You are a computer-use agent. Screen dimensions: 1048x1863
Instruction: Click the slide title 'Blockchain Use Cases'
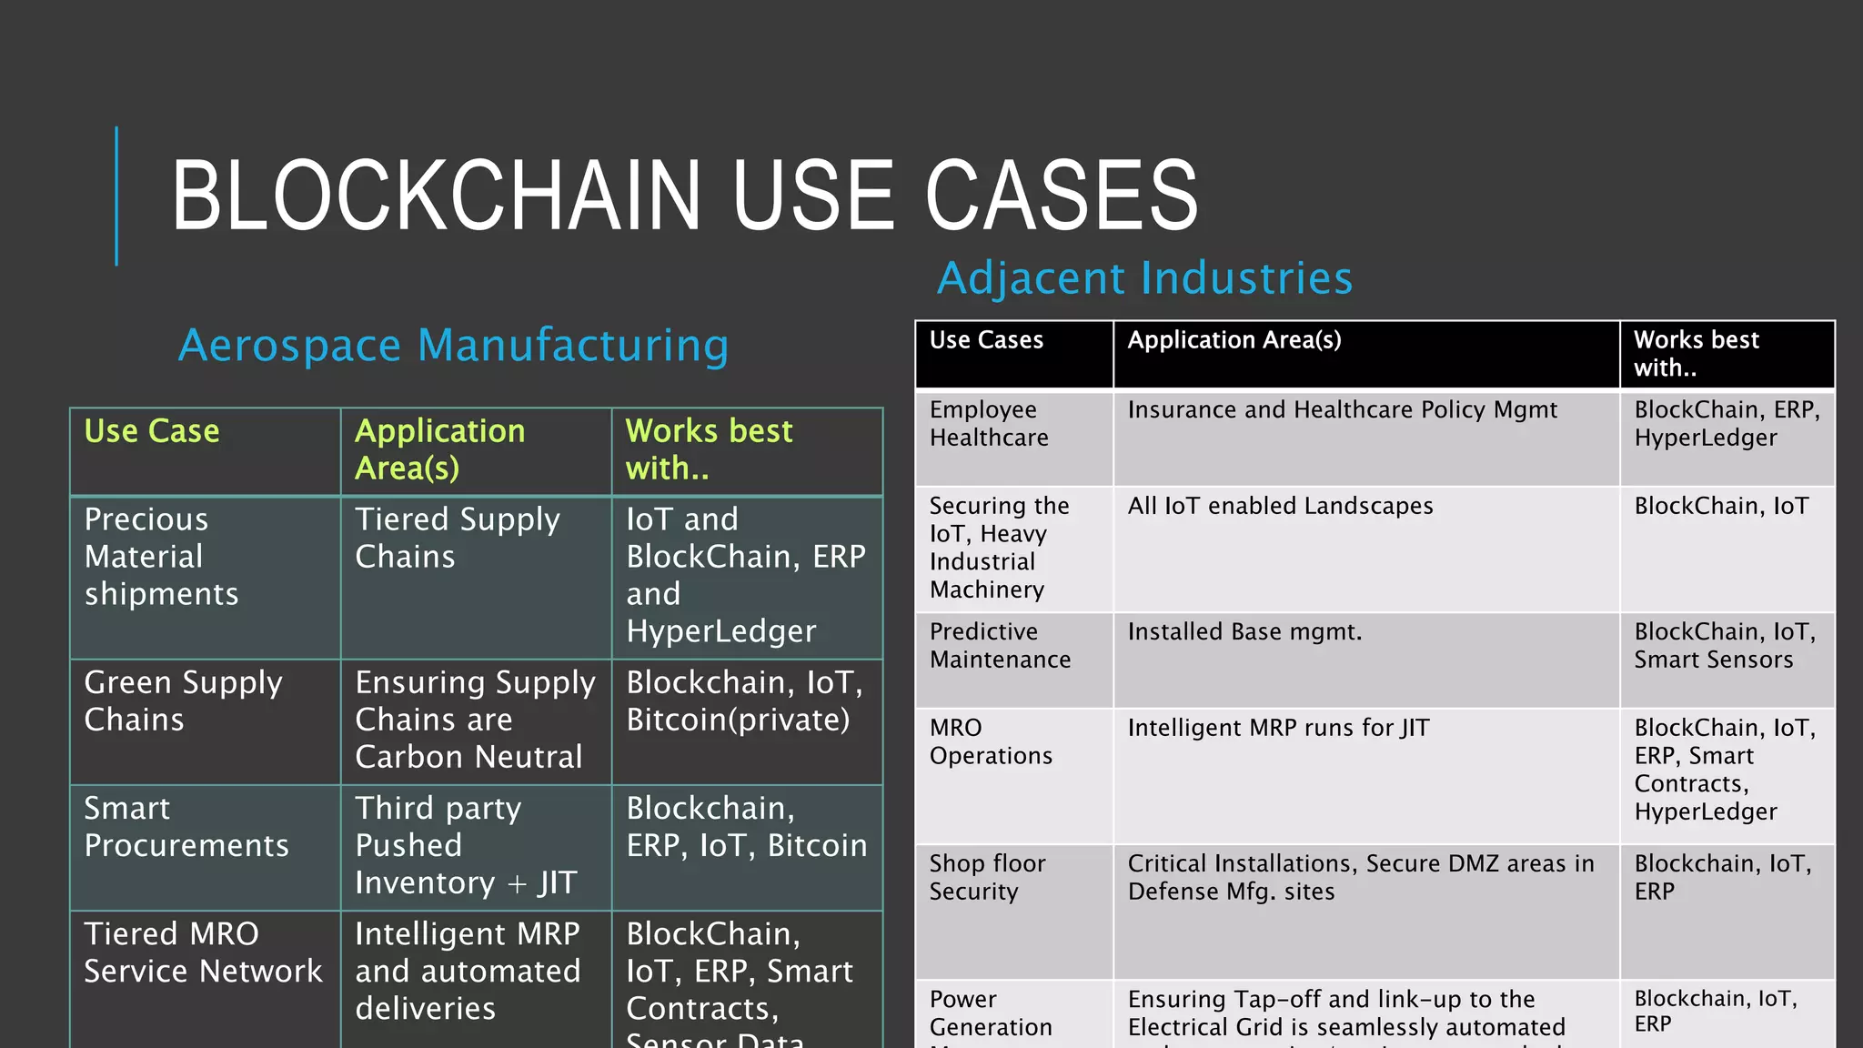coord(684,195)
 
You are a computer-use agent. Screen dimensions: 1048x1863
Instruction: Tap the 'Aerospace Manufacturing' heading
coord(453,346)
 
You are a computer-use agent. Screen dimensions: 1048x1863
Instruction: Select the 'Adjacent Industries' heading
coord(1144,278)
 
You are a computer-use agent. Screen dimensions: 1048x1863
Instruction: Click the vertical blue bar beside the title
coord(116,196)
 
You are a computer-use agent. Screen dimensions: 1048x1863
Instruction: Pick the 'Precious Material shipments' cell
coord(161,557)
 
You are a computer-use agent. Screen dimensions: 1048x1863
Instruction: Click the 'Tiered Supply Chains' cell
coord(457,539)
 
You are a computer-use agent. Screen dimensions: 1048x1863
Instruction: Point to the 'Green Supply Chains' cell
coord(183,701)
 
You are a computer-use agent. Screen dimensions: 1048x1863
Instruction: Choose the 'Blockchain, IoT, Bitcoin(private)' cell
coord(744,701)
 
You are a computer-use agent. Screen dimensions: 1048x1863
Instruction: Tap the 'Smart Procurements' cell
coord(186,827)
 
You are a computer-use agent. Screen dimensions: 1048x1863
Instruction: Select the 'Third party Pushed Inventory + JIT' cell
coord(466,845)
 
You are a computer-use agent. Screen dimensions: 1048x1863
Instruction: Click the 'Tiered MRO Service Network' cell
coord(203,952)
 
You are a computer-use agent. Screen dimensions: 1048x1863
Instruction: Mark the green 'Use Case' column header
coord(152,431)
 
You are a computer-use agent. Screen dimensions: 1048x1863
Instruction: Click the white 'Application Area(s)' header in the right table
coord(1234,340)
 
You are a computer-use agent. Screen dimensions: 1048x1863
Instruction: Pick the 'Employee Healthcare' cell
coord(989,424)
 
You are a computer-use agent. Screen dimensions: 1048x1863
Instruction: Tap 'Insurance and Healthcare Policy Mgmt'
coord(1342,410)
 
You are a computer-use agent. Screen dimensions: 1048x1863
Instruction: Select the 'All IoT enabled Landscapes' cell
coord(1280,506)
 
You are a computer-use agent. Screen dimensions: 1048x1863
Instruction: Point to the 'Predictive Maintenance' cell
coord(1000,646)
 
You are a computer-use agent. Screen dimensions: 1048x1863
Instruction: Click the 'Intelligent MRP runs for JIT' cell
coord(1278,728)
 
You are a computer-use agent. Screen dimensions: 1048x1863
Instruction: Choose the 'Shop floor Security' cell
coord(987,878)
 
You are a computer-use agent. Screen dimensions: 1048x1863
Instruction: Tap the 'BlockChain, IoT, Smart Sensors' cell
coord(1724,646)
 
